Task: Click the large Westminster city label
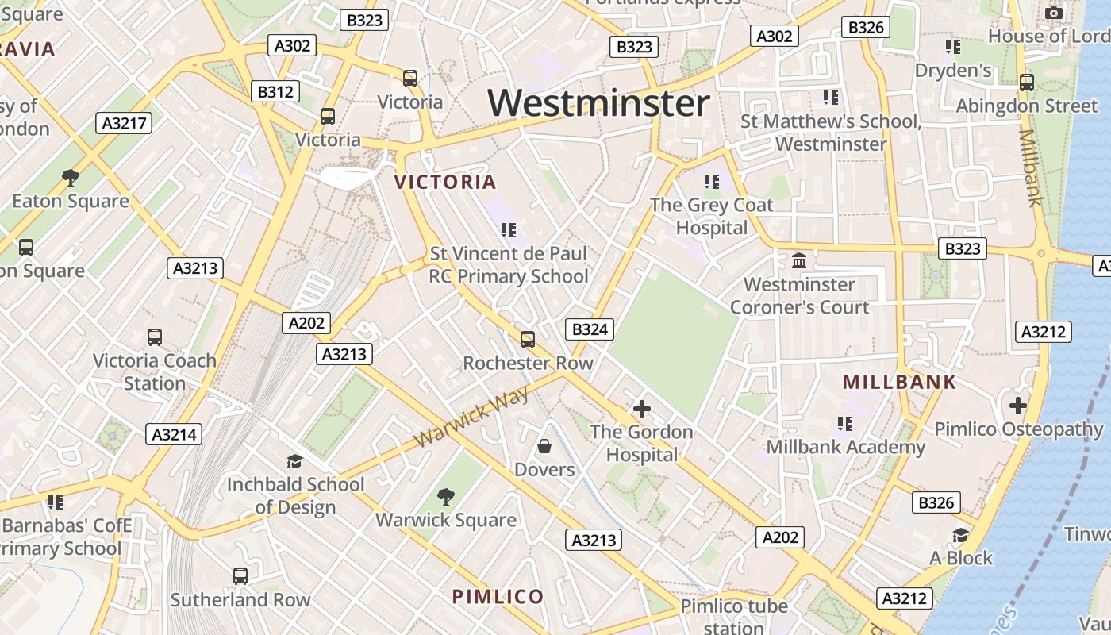coord(598,103)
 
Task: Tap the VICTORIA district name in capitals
coord(445,182)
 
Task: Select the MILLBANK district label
coord(900,382)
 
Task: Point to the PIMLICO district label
coord(498,597)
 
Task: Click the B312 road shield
coord(275,92)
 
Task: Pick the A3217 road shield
coord(123,123)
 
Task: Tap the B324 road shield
coord(590,329)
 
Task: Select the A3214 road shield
coord(174,434)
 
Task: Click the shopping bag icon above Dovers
coord(544,446)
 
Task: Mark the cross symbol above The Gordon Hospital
coord(641,409)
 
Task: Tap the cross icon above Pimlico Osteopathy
coord(1018,406)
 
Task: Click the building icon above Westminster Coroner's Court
coord(799,260)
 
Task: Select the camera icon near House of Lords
coord(1053,13)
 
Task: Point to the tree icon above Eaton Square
coord(71,177)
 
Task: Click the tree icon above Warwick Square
coord(446,497)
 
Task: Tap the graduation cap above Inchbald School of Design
coord(295,461)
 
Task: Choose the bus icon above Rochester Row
coord(528,340)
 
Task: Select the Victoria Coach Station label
coord(155,371)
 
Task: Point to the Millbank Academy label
coord(845,447)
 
